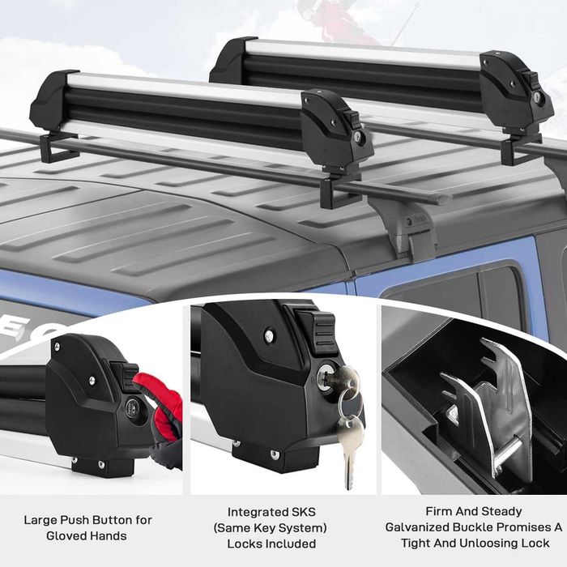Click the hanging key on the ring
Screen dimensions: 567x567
350,452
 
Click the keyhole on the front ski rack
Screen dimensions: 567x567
357,136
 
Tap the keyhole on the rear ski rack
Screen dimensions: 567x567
536,97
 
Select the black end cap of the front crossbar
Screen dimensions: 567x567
444,198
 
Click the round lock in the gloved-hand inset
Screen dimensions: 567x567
132,409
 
